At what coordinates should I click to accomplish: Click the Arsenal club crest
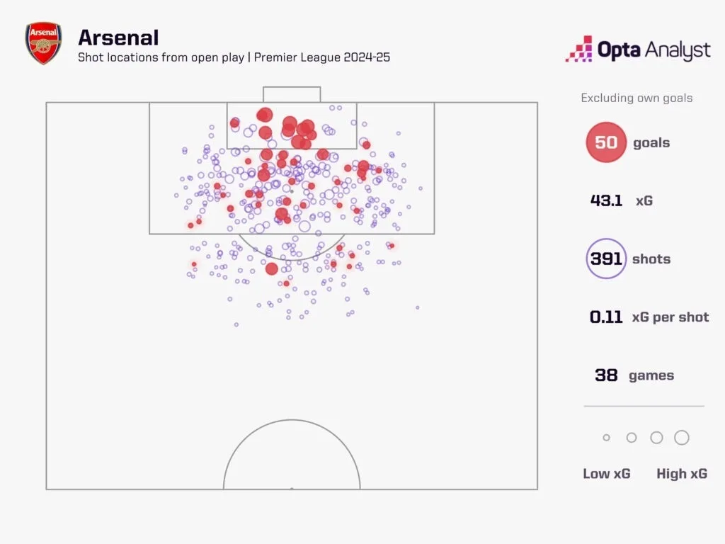[43, 43]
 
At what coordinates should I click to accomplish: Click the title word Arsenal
[118, 37]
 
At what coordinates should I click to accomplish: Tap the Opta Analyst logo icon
[578, 50]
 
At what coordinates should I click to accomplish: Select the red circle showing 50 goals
[606, 142]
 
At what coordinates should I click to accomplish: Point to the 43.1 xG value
[606, 200]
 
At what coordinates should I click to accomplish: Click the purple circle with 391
[606, 259]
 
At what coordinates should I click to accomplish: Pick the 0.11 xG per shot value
[606, 317]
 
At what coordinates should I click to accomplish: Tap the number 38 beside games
[606, 375]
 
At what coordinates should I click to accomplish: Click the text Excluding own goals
[636, 98]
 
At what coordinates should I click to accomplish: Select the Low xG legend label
[606, 474]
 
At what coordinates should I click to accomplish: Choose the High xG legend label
[681, 474]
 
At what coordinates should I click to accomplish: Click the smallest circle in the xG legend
[606, 438]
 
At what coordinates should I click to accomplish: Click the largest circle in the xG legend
[682, 438]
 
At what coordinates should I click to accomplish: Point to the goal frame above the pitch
[292, 94]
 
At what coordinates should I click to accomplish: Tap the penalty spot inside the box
[291, 191]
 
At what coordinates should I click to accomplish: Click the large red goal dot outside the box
[271, 268]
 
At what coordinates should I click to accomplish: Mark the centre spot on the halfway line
[292, 488]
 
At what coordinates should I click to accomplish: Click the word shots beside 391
[651, 259]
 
